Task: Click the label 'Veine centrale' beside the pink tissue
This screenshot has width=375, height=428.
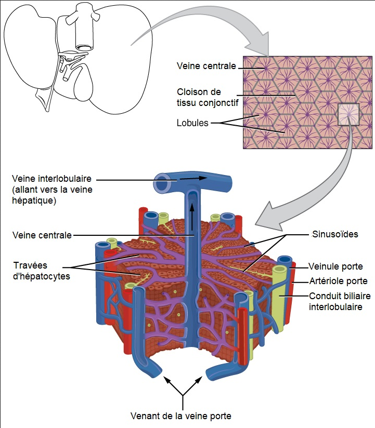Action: pos(206,66)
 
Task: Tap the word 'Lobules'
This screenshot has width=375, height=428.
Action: pos(192,123)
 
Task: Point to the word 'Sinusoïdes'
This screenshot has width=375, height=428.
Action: pos(336,234)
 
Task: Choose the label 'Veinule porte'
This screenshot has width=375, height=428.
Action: pos(335,266)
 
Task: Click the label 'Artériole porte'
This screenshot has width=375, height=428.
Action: pos(338,281)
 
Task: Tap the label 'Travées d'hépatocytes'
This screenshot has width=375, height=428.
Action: pos(42,271)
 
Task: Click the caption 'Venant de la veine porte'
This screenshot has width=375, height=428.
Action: pos(180,416)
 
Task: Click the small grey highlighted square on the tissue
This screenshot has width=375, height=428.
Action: pos(348,115)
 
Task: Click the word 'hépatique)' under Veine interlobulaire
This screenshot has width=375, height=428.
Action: pos(33,200)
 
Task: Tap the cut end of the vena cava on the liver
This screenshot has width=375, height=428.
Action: pos(83,47)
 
